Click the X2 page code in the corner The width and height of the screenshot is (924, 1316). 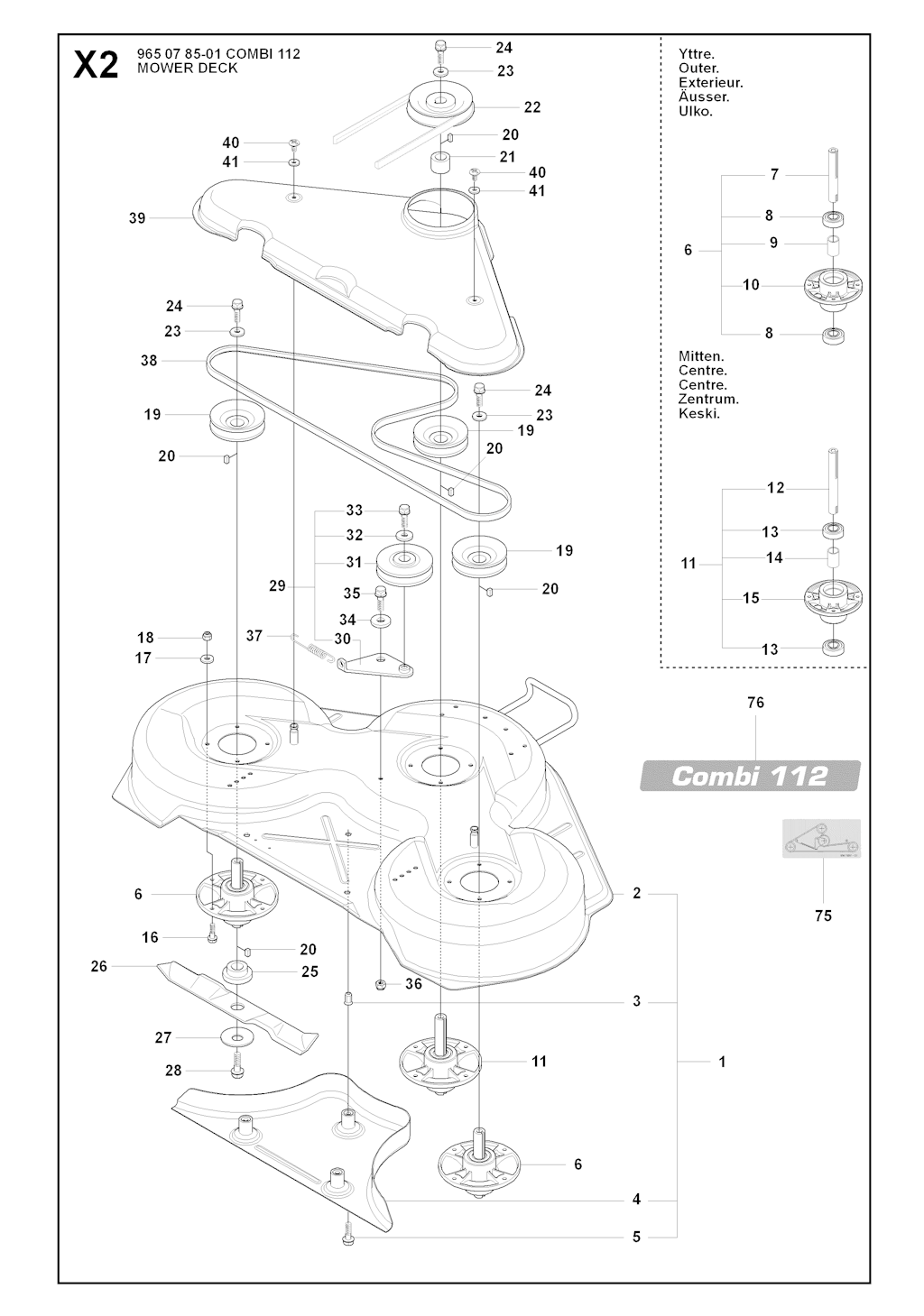point(96,64)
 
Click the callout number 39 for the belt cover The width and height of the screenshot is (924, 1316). point(137,218)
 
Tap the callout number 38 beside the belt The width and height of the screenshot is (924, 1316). point(149,361)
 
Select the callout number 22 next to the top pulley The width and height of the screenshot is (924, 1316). point(532,107)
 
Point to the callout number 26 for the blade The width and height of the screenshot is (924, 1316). point(99,966)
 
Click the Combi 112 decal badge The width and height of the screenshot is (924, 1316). point(750,776)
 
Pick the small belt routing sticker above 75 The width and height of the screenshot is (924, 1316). point(820,838)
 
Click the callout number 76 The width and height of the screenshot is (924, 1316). point(756,703)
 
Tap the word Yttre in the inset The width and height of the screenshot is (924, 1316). point(696,54)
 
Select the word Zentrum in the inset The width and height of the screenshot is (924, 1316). point(708,399)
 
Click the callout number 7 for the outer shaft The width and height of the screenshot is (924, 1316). point(774,174)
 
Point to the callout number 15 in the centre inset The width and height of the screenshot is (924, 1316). point(752,598)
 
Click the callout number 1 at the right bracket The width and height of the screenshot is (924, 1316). point(722,1062)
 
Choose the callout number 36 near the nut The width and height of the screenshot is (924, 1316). point(413,984)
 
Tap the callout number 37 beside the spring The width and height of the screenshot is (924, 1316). point(254,636)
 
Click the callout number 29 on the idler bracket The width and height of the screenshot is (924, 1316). point(277,586)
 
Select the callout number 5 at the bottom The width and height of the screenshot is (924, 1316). point(636,1237)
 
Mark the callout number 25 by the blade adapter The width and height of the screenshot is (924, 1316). point(310,972)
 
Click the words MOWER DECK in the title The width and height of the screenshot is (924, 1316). point(188,69)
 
